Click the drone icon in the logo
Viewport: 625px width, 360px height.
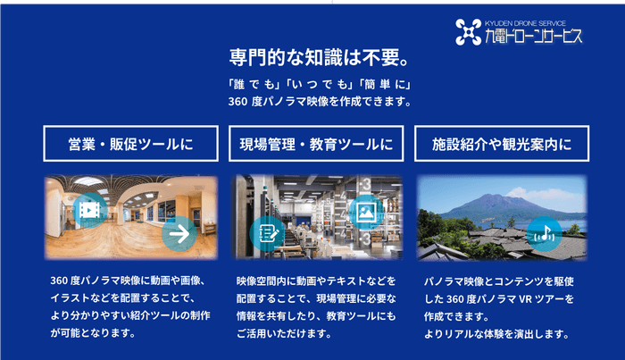coord(468,32)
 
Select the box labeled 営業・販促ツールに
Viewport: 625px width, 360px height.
coord(130,143)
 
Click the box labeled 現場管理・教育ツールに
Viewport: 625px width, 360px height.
coord(316,143)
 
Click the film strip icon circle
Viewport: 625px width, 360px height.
coord(89,210)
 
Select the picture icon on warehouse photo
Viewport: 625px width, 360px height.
coord(366,212)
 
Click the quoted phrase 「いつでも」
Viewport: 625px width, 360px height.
coord(318,85)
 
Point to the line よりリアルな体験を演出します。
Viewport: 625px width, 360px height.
coord(496,334)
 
